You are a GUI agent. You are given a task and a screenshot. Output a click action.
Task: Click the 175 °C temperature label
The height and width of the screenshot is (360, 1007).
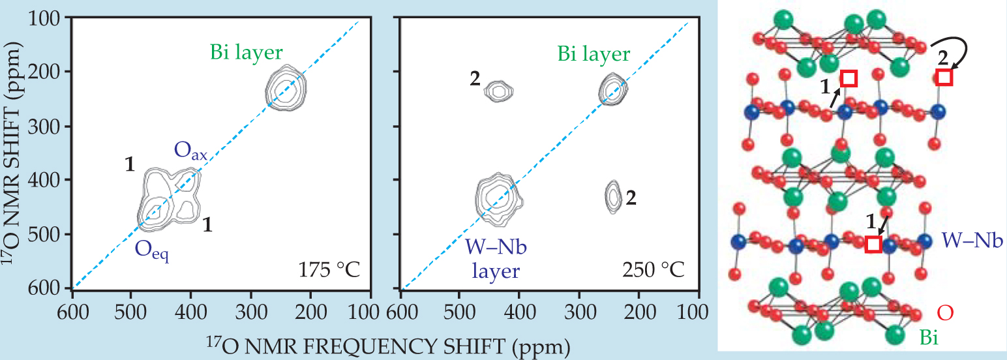[329, 269]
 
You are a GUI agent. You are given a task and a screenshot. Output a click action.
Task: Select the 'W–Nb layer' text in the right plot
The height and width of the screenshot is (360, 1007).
[492, 258]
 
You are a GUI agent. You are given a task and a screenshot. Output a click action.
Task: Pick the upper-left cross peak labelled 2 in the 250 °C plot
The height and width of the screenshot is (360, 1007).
[499, 91]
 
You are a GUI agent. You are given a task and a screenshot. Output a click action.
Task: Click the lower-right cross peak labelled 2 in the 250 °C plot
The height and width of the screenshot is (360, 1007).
[613, 196]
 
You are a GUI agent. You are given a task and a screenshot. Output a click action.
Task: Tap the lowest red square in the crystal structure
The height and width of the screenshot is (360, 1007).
[873, 244]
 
